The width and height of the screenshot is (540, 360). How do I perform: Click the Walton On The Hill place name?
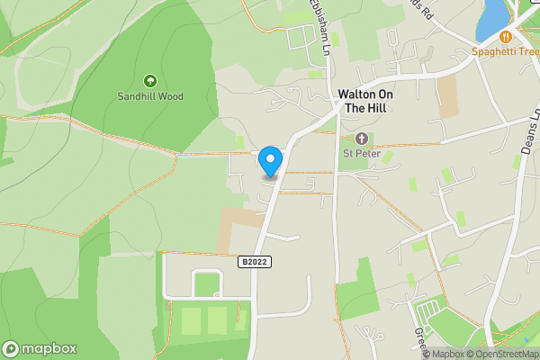tap(367, 101)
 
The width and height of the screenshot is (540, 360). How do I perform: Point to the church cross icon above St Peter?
tap(362, 139)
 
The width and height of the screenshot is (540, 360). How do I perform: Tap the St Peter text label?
tap(362, 153)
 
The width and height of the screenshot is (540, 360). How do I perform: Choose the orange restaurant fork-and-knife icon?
tap(505, 37)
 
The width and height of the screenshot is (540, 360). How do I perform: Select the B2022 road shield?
tap(256, 261)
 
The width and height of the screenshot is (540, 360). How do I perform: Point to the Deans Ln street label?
tap(530, 131)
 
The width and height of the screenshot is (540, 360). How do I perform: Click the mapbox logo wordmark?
tap(40, 349)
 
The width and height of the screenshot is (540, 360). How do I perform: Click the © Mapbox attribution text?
tap(444, 354)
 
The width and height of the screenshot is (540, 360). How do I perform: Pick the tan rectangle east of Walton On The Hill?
tap(447, 96)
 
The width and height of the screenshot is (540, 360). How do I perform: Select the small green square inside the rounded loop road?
tap(207, 283)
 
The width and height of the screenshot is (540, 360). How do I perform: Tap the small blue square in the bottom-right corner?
tap(527, 341)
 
